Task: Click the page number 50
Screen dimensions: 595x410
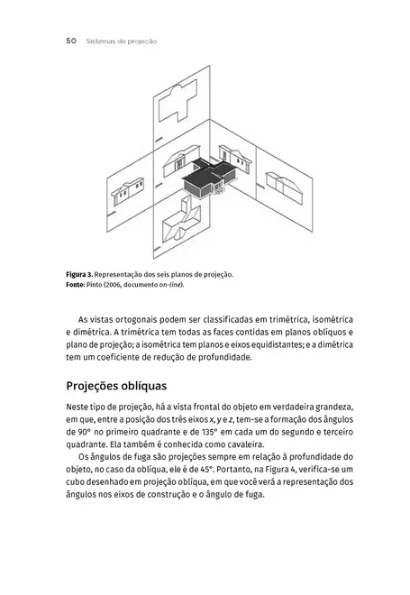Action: pos(71,41)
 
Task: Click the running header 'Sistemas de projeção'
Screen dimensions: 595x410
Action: pos(122,41)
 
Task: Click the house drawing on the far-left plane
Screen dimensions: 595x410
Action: pos(125,192)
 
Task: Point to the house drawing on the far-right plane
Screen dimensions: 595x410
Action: pos(290,186)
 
